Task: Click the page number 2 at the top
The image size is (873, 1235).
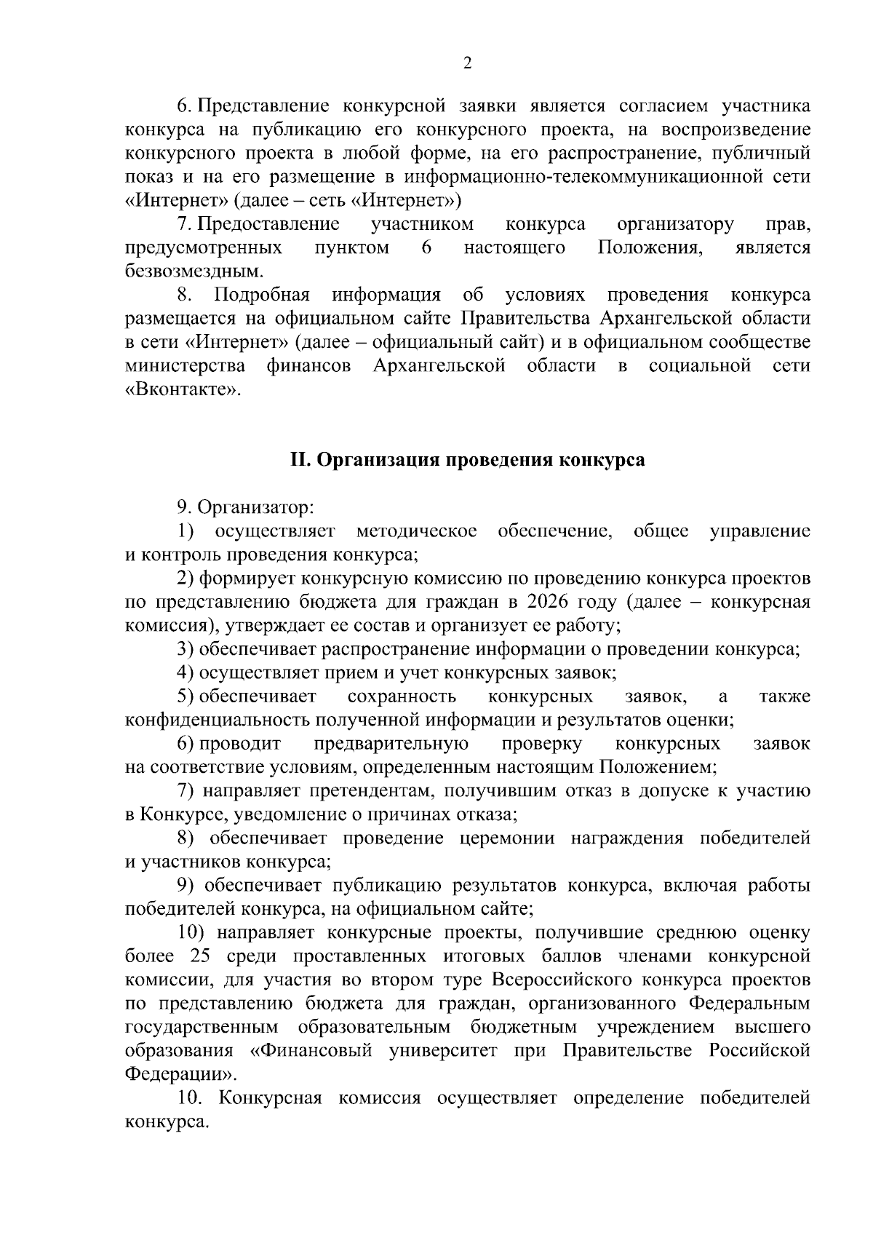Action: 467,63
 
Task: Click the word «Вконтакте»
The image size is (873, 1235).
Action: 181,389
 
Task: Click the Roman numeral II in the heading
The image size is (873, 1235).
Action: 300,460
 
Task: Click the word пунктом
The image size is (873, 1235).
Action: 351,248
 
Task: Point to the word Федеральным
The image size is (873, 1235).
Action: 749,1003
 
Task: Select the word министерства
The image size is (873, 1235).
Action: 185,366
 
